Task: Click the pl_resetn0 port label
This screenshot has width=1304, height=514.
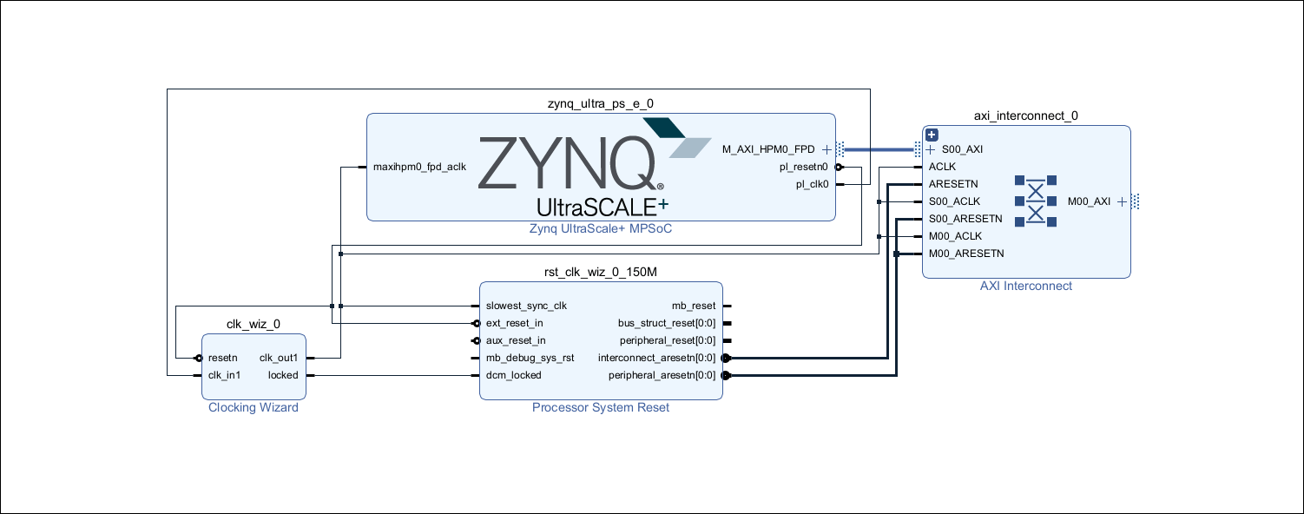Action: coord(805,167)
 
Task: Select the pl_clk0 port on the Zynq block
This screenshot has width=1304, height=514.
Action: coord(813,184)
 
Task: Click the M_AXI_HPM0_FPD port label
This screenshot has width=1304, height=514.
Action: coord(768,149)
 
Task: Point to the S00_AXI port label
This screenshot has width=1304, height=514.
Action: coord(962,149)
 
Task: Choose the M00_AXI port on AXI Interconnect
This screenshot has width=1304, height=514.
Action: coord(1089,201)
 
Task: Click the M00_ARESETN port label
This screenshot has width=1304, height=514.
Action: coord(966,254)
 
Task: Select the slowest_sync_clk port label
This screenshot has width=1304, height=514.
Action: coord(526,306)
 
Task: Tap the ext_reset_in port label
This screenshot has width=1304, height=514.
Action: coord(515,323)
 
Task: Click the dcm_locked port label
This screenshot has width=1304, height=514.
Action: coord(513,375)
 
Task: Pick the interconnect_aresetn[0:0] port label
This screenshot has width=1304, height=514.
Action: coord(657,358)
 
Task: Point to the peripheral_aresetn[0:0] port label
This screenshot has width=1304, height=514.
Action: coord(661,375)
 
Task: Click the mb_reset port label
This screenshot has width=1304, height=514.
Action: coord(694,306)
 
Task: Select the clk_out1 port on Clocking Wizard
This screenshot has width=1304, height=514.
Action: coord(279,358)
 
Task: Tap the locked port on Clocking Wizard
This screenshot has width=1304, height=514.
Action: coord(283,375)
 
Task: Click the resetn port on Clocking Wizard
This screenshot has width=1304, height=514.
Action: coord(223,358)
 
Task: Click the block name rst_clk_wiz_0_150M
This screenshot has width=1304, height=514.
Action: coord(600,272)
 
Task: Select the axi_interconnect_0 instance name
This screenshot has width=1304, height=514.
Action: coord(1026,115)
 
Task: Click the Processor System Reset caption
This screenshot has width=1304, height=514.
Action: coord(601,408)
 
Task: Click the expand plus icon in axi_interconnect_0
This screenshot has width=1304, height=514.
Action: coord(932,135)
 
